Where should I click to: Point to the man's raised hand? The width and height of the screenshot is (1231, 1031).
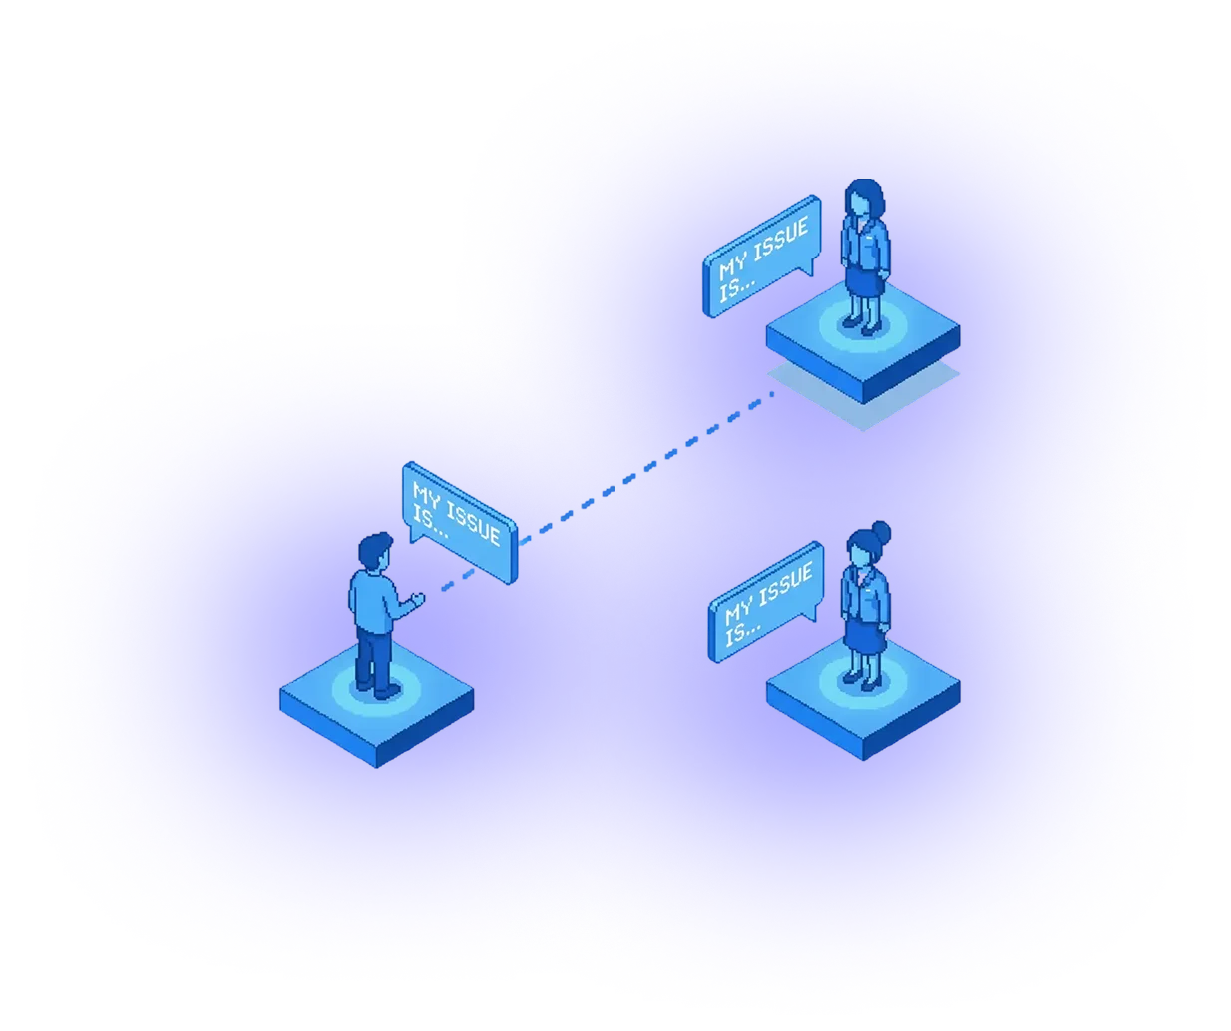[417, 599]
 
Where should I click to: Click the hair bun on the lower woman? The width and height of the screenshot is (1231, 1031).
[880, 532]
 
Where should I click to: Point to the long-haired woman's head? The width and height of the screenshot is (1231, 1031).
[864, 198]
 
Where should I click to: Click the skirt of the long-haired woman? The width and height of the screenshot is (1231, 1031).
[864, 283]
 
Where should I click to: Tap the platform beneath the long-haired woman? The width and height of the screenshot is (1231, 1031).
[863, 349]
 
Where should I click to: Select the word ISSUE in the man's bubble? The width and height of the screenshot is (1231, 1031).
[471, 523]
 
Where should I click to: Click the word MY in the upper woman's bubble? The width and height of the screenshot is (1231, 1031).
[732, 267]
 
